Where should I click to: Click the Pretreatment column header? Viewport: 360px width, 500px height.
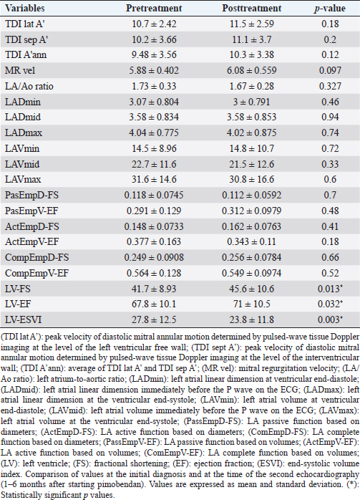coord(154,9)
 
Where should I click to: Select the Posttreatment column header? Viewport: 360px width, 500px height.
coord(252,9)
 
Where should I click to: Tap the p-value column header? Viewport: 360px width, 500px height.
coord(330,9)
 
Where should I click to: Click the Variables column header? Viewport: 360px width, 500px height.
coord(25,9)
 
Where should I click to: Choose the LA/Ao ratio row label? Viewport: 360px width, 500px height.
coord(29,86)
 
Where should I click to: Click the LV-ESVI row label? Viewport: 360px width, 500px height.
coord(23,319)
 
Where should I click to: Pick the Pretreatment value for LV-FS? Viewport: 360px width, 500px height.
coord(154,289)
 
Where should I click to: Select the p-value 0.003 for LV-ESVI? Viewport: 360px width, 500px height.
coord(330,319)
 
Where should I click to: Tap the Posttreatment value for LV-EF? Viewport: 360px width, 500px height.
coord(252,304)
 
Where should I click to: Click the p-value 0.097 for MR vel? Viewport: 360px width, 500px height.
coord(330,70)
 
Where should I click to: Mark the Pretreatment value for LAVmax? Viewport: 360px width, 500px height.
coord(154,179)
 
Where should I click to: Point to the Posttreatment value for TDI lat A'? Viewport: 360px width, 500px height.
coord(252,24)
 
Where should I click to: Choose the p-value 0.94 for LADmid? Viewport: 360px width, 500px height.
coord(330,117)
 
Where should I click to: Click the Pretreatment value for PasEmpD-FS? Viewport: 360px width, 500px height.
coord(154,195)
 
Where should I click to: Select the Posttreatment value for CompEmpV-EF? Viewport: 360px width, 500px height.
coord(252,273)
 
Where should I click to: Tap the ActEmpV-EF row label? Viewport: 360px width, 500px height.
coord(32,241)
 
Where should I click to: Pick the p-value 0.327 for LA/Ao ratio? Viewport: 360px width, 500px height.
coord(330,86)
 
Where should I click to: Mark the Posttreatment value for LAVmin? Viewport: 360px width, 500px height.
coord(252,148)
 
